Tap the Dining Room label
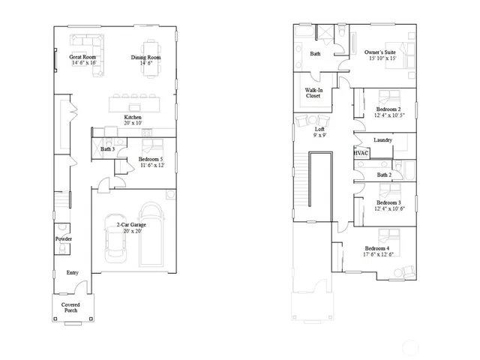146,60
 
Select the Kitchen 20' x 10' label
133,120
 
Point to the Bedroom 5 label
151,162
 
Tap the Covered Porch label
71,307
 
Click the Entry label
72,273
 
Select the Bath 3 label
108,149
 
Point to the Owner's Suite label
380,55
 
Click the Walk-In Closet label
313,93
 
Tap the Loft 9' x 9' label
319,133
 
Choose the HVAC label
361,153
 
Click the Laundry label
383,140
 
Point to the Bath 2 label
384,175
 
